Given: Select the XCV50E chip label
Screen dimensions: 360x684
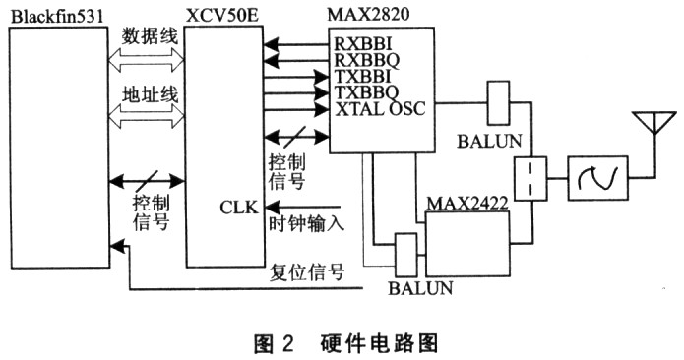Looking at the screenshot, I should click(x=218, y=14).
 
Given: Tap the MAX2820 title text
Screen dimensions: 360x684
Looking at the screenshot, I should click(x=376, y=14).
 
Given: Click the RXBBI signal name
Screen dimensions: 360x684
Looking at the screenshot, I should click(x=363, y=43).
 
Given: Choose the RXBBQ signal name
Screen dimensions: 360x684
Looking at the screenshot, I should click(x=366, y=60).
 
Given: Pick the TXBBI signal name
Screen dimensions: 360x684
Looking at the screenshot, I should click(x=363, y=77).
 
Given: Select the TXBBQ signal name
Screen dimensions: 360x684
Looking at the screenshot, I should click(x=366, y=92).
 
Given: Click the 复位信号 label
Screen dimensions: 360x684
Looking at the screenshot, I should click(x=306, y=271).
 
